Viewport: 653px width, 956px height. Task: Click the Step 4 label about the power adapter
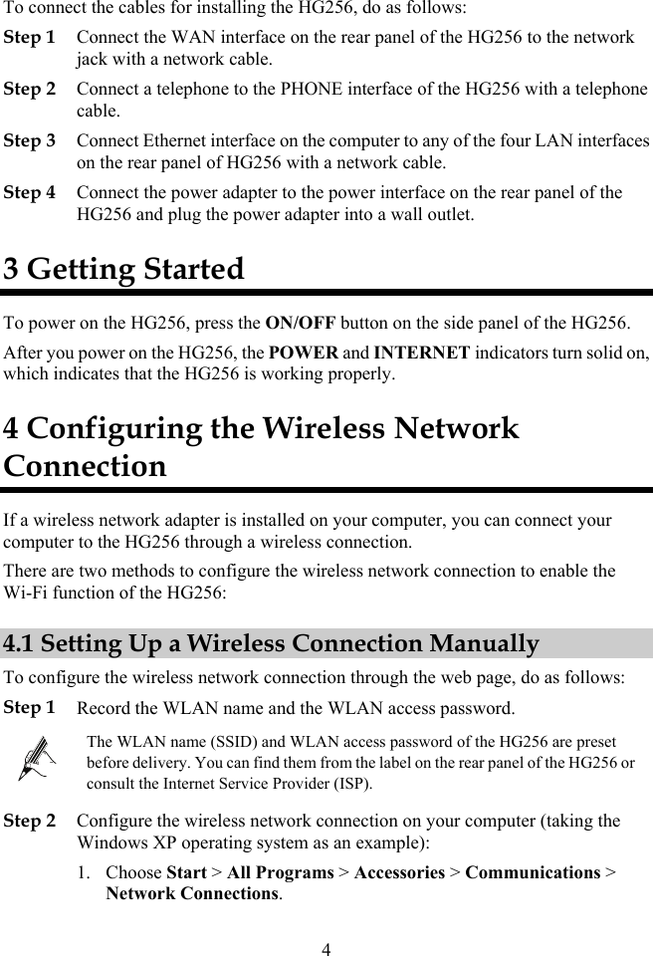tap(30, 192)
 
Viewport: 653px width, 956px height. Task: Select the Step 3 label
tap(30, 140)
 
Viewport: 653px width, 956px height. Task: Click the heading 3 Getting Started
tap(123, 269)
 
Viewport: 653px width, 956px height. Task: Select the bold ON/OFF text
tap(301, 323)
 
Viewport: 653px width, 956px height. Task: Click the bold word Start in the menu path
tap(186, 872)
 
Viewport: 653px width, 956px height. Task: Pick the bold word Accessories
tap(399, 872)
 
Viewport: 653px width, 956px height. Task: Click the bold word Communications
tap(533, 872)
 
